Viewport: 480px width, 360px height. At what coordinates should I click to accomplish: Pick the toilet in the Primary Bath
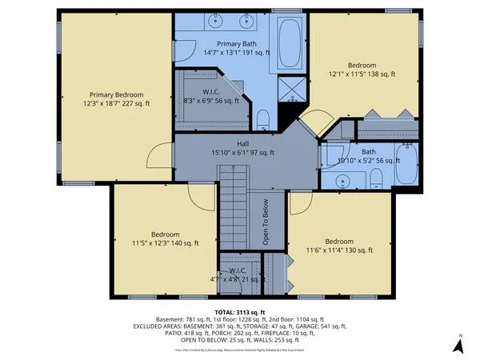[263, 120]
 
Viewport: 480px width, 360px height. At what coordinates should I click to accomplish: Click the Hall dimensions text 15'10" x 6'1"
[242, 153]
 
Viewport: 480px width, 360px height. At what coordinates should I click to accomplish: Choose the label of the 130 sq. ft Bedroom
[339, 246]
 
